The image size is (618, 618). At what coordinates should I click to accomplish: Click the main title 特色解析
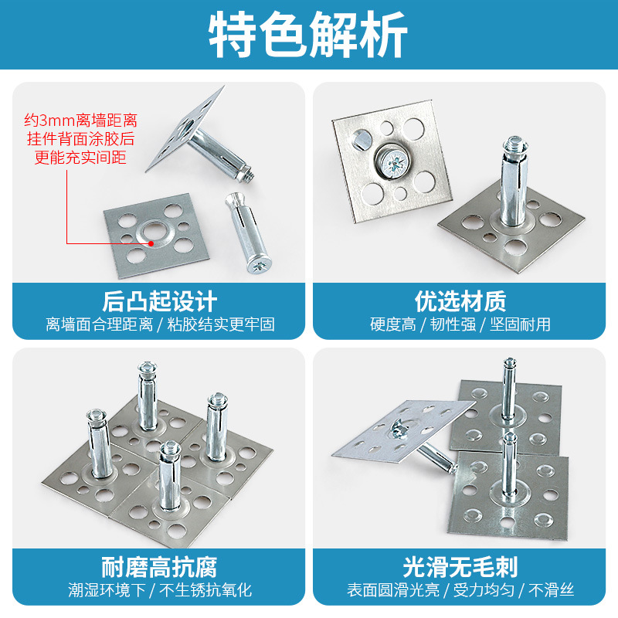point(308,36)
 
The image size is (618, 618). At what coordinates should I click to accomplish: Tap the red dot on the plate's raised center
point(151,242)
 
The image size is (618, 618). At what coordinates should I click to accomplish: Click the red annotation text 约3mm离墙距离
point(80,121)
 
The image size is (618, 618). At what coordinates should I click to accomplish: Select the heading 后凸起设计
point(160,301)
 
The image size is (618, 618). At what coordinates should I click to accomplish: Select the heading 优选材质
point(460,301)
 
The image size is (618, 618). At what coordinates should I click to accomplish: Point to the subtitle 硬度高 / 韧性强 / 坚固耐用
point(460,324)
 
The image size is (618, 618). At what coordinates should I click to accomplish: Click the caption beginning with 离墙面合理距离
point(160,324)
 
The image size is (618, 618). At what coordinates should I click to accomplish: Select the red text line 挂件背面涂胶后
point(80,140)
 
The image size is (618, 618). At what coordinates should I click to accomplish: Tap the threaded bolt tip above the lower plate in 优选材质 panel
point(512,146)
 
